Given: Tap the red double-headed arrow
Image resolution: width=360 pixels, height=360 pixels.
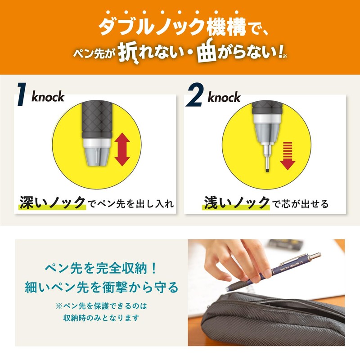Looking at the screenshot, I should pos(122,149).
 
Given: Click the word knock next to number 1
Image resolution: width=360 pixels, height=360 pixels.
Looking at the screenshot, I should pos(48,96).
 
